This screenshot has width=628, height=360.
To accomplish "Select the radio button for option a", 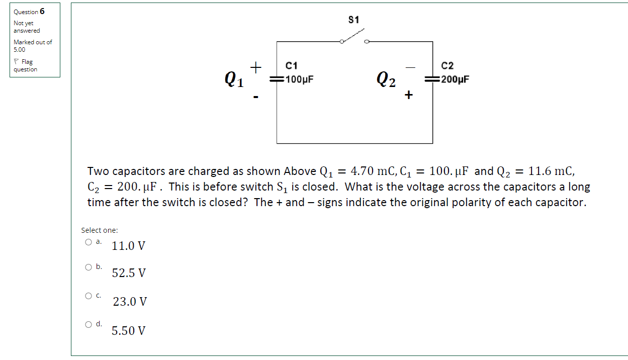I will [x=88, y=242].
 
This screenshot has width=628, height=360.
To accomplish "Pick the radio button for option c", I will [x=88, y=296].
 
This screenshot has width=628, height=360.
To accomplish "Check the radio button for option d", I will [x=88, y=325].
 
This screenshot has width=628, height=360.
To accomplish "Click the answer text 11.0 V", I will [x=129, y=246].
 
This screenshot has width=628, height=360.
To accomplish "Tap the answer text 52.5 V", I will [x=129, y=274].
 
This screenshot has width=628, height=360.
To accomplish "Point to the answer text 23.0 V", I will [x=130, y=302].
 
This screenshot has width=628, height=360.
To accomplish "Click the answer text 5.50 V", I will [x=129, y=331].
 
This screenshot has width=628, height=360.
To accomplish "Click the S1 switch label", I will [x=353, y=20].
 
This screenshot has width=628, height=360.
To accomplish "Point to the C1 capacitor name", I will [x=292, y=66].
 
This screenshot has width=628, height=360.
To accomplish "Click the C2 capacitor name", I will [x=447, y=66].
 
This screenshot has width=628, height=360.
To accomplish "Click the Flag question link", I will [x=26, y=65].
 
